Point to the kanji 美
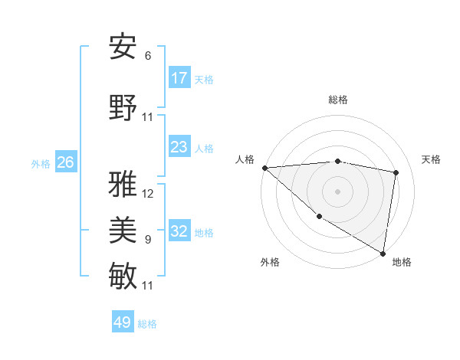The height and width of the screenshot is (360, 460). [x=123, y=230]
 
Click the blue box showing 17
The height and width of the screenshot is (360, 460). [x=179, y=78]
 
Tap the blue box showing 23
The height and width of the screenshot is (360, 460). [x=179, y=147]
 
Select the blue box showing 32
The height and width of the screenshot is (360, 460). [x=179, y=231]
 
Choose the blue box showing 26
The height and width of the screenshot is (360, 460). [x=66, y=162]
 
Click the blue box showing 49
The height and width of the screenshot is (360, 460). [x=123, y=322]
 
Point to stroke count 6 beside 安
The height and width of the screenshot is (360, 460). [x=148, y=56]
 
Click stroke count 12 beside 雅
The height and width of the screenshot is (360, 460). [x=148, y=194]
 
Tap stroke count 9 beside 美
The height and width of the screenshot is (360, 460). [x=148, y=240]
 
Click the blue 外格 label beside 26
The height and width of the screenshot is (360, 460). [x=41, y=163]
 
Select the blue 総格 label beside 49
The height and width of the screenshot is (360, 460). [x=147, y=324]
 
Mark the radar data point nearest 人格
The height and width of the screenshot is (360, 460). [x=264, y=168]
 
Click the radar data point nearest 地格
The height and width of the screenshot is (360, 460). [x=383, y=253]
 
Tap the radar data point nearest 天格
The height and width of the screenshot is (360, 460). [x=396, y=172]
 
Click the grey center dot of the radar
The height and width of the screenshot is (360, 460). [x=337, y=191]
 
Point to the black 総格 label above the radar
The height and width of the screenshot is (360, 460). [x=338, y=100]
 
